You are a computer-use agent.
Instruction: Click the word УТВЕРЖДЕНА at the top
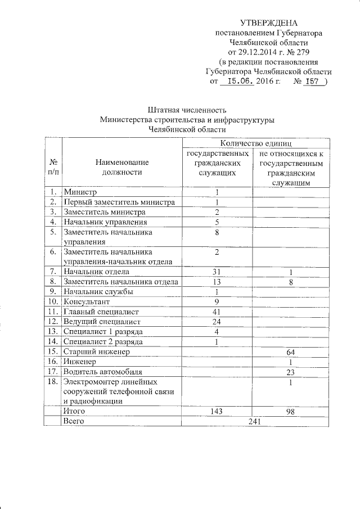[x=268, y=23]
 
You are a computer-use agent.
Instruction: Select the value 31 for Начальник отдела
[x=216, y=272]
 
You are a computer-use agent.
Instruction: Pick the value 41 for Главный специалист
[x=216, y=312]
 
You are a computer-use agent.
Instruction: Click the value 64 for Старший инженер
[x=290, y=352]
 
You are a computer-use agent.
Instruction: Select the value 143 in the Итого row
[x=216, y=412]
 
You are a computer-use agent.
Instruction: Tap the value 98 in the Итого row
[x=290, y=412]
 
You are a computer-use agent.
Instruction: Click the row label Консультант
[x=87, y=301]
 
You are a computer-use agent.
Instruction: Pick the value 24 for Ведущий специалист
[x=216, y=322]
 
